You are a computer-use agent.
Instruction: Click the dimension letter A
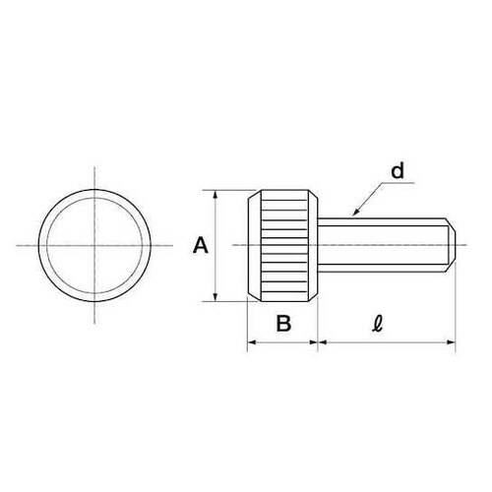point(201,246)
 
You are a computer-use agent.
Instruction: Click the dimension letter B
point(283,323)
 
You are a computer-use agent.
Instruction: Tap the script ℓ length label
point(378,324)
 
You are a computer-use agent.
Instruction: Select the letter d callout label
point(398,171)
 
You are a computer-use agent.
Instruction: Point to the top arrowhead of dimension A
point(215,194)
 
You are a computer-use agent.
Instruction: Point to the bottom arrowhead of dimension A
point(215,297)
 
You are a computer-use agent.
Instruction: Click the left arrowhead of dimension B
point(252,342)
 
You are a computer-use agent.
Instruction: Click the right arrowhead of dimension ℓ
point(452,342)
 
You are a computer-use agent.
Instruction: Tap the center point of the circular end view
point(94,245)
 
